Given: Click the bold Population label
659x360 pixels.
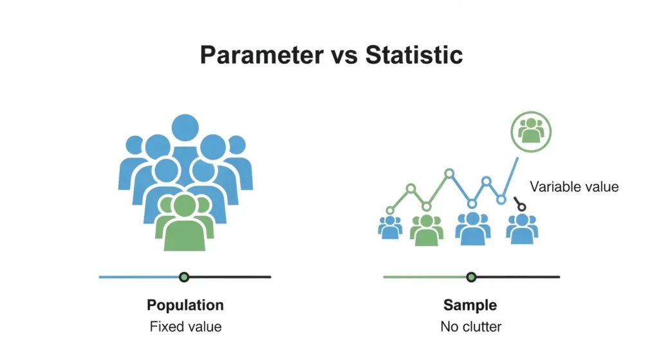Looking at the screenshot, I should coord(185,305).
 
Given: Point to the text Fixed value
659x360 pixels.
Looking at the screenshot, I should coord(185,327).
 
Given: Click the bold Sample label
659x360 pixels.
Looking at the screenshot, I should coord(470,305).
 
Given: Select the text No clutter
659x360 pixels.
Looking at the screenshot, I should coord(470,327).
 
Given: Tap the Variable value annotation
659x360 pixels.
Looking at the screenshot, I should coord(573,187).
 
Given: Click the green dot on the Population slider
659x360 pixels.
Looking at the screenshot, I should coord(185,277).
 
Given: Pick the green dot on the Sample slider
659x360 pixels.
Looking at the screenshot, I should coord(471,277).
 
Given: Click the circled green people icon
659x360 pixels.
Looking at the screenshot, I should coord(531,131).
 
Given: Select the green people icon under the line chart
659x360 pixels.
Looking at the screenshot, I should coord(427,229).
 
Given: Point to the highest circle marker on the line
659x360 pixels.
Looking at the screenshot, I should coord(450,173).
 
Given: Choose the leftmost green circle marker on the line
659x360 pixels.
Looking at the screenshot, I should coord(390,210).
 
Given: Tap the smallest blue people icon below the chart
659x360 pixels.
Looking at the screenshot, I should coord(390,227).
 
